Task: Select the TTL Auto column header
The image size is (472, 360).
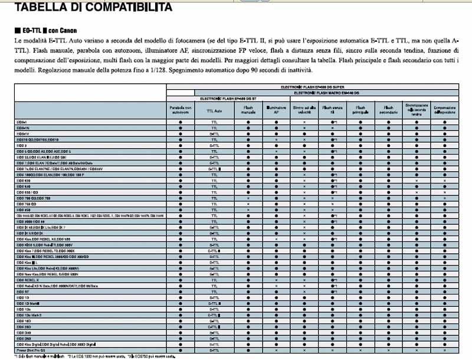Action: pos(214,109)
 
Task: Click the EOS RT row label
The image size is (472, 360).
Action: pos(24,291)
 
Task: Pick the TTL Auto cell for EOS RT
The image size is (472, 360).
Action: pos(214,291)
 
